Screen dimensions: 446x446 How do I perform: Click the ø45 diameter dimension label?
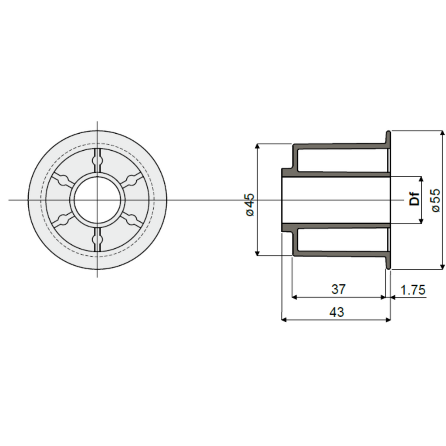click(x=250, y=205)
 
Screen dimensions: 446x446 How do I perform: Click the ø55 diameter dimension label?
click(x=436, y=200)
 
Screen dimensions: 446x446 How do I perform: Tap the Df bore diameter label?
click(x=415, y=199)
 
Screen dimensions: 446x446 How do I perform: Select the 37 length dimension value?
click(x=338, y=289)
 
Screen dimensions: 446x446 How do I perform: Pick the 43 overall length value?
click(x=337, y=312)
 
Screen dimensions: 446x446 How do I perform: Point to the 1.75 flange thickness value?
click(x=413, y=290)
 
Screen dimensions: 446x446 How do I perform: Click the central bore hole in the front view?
click(x=97, y=200)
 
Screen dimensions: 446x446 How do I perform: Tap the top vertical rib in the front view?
click(x=97, y=160)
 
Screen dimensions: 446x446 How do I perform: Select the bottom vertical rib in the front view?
click(x=97, y=240)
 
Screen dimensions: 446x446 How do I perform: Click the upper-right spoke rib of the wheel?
click(x=132, y=180)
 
